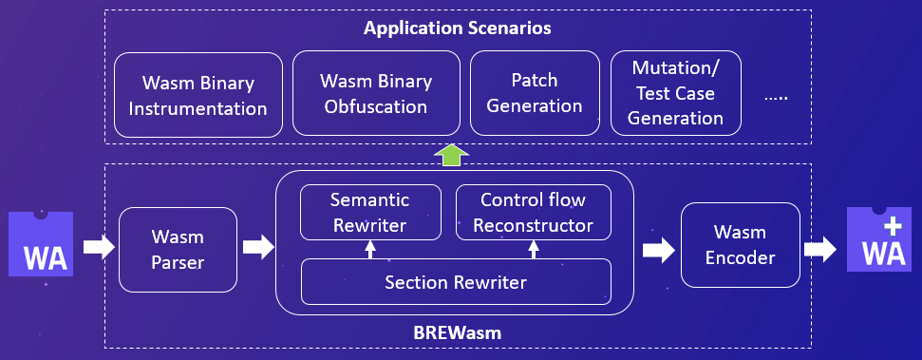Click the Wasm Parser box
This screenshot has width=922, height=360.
(x=178, y=250)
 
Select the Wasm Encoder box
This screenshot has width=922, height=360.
(x=741, y=245)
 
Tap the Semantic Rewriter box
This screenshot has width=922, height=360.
(x=370, y=213)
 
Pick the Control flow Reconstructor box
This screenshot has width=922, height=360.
(x=534, y=213)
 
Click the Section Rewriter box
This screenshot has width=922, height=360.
(x=457, y=282)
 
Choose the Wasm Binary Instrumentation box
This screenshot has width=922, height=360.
(x=198, y=95)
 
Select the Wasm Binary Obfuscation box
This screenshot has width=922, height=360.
(x=376, y=93)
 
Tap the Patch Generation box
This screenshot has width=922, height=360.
(x=535, y=93)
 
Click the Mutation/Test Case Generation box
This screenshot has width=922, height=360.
(x=676, y=93)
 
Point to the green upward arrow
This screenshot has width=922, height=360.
(x=451, y=155)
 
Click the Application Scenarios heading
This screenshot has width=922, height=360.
(x=458, y=28)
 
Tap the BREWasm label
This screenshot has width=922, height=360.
(x=458, y=333)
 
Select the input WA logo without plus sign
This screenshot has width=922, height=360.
(x=41, y=243)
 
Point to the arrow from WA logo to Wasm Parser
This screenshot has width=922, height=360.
(x=99, y=247)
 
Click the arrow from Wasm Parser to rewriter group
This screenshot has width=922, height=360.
(x=258, y=247)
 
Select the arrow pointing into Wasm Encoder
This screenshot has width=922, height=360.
(x=659, y=250)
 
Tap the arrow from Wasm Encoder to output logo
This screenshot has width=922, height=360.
(x=820, y=250)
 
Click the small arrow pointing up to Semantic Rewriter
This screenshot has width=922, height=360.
(x=370, y=250)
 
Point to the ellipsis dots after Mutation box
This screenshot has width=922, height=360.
(x=776, y=98)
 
